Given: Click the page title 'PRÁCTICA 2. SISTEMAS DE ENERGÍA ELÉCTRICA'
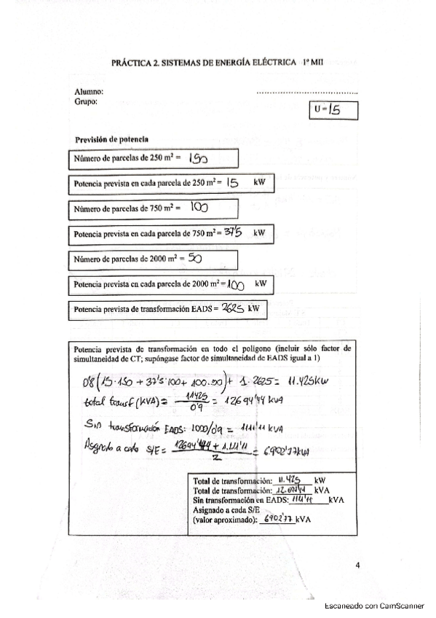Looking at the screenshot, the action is point(204,63).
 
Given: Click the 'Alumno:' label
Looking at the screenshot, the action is point(89,92).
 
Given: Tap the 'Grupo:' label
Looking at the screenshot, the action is point(87,102).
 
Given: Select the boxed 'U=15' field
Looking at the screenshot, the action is point(333,110).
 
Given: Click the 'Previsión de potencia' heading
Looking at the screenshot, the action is point(112,139).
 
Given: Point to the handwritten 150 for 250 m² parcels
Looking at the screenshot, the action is point(198,158).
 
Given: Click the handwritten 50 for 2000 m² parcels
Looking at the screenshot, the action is point(194,258).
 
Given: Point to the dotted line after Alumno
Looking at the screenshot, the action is point(307,93).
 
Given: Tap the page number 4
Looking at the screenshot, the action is point(357,565).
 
